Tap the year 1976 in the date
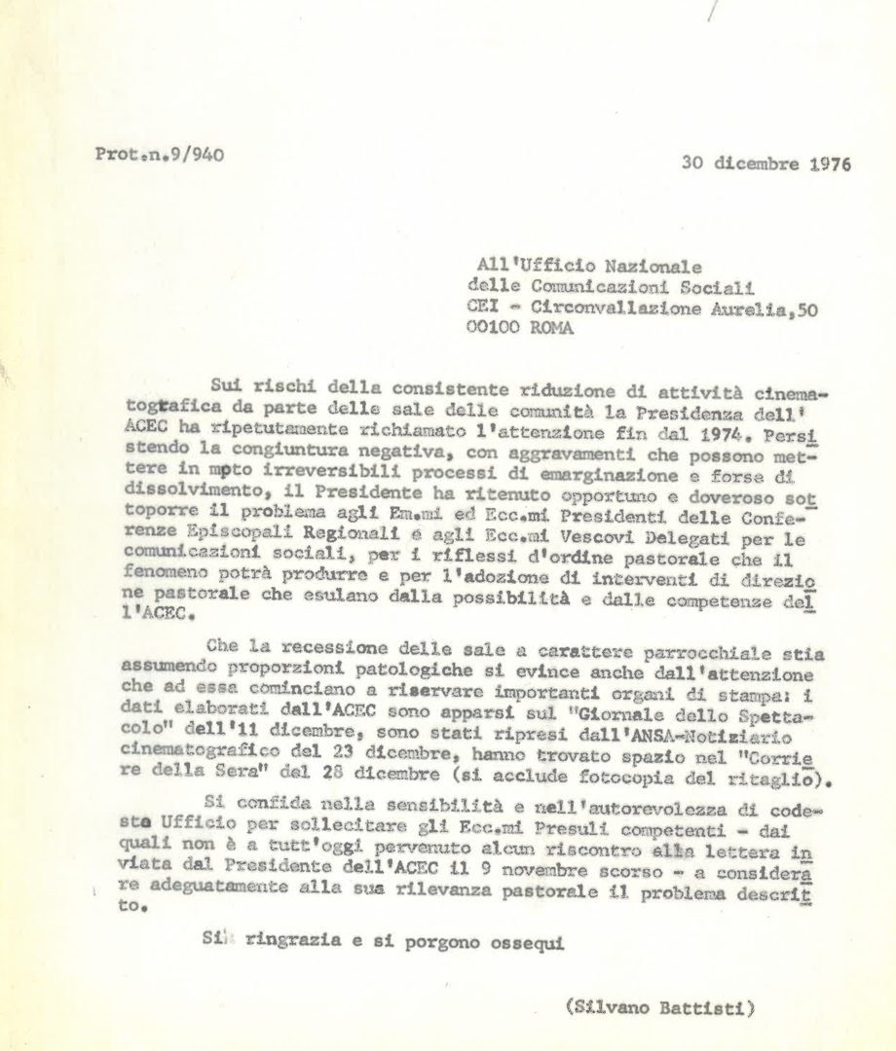[828, 164]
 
